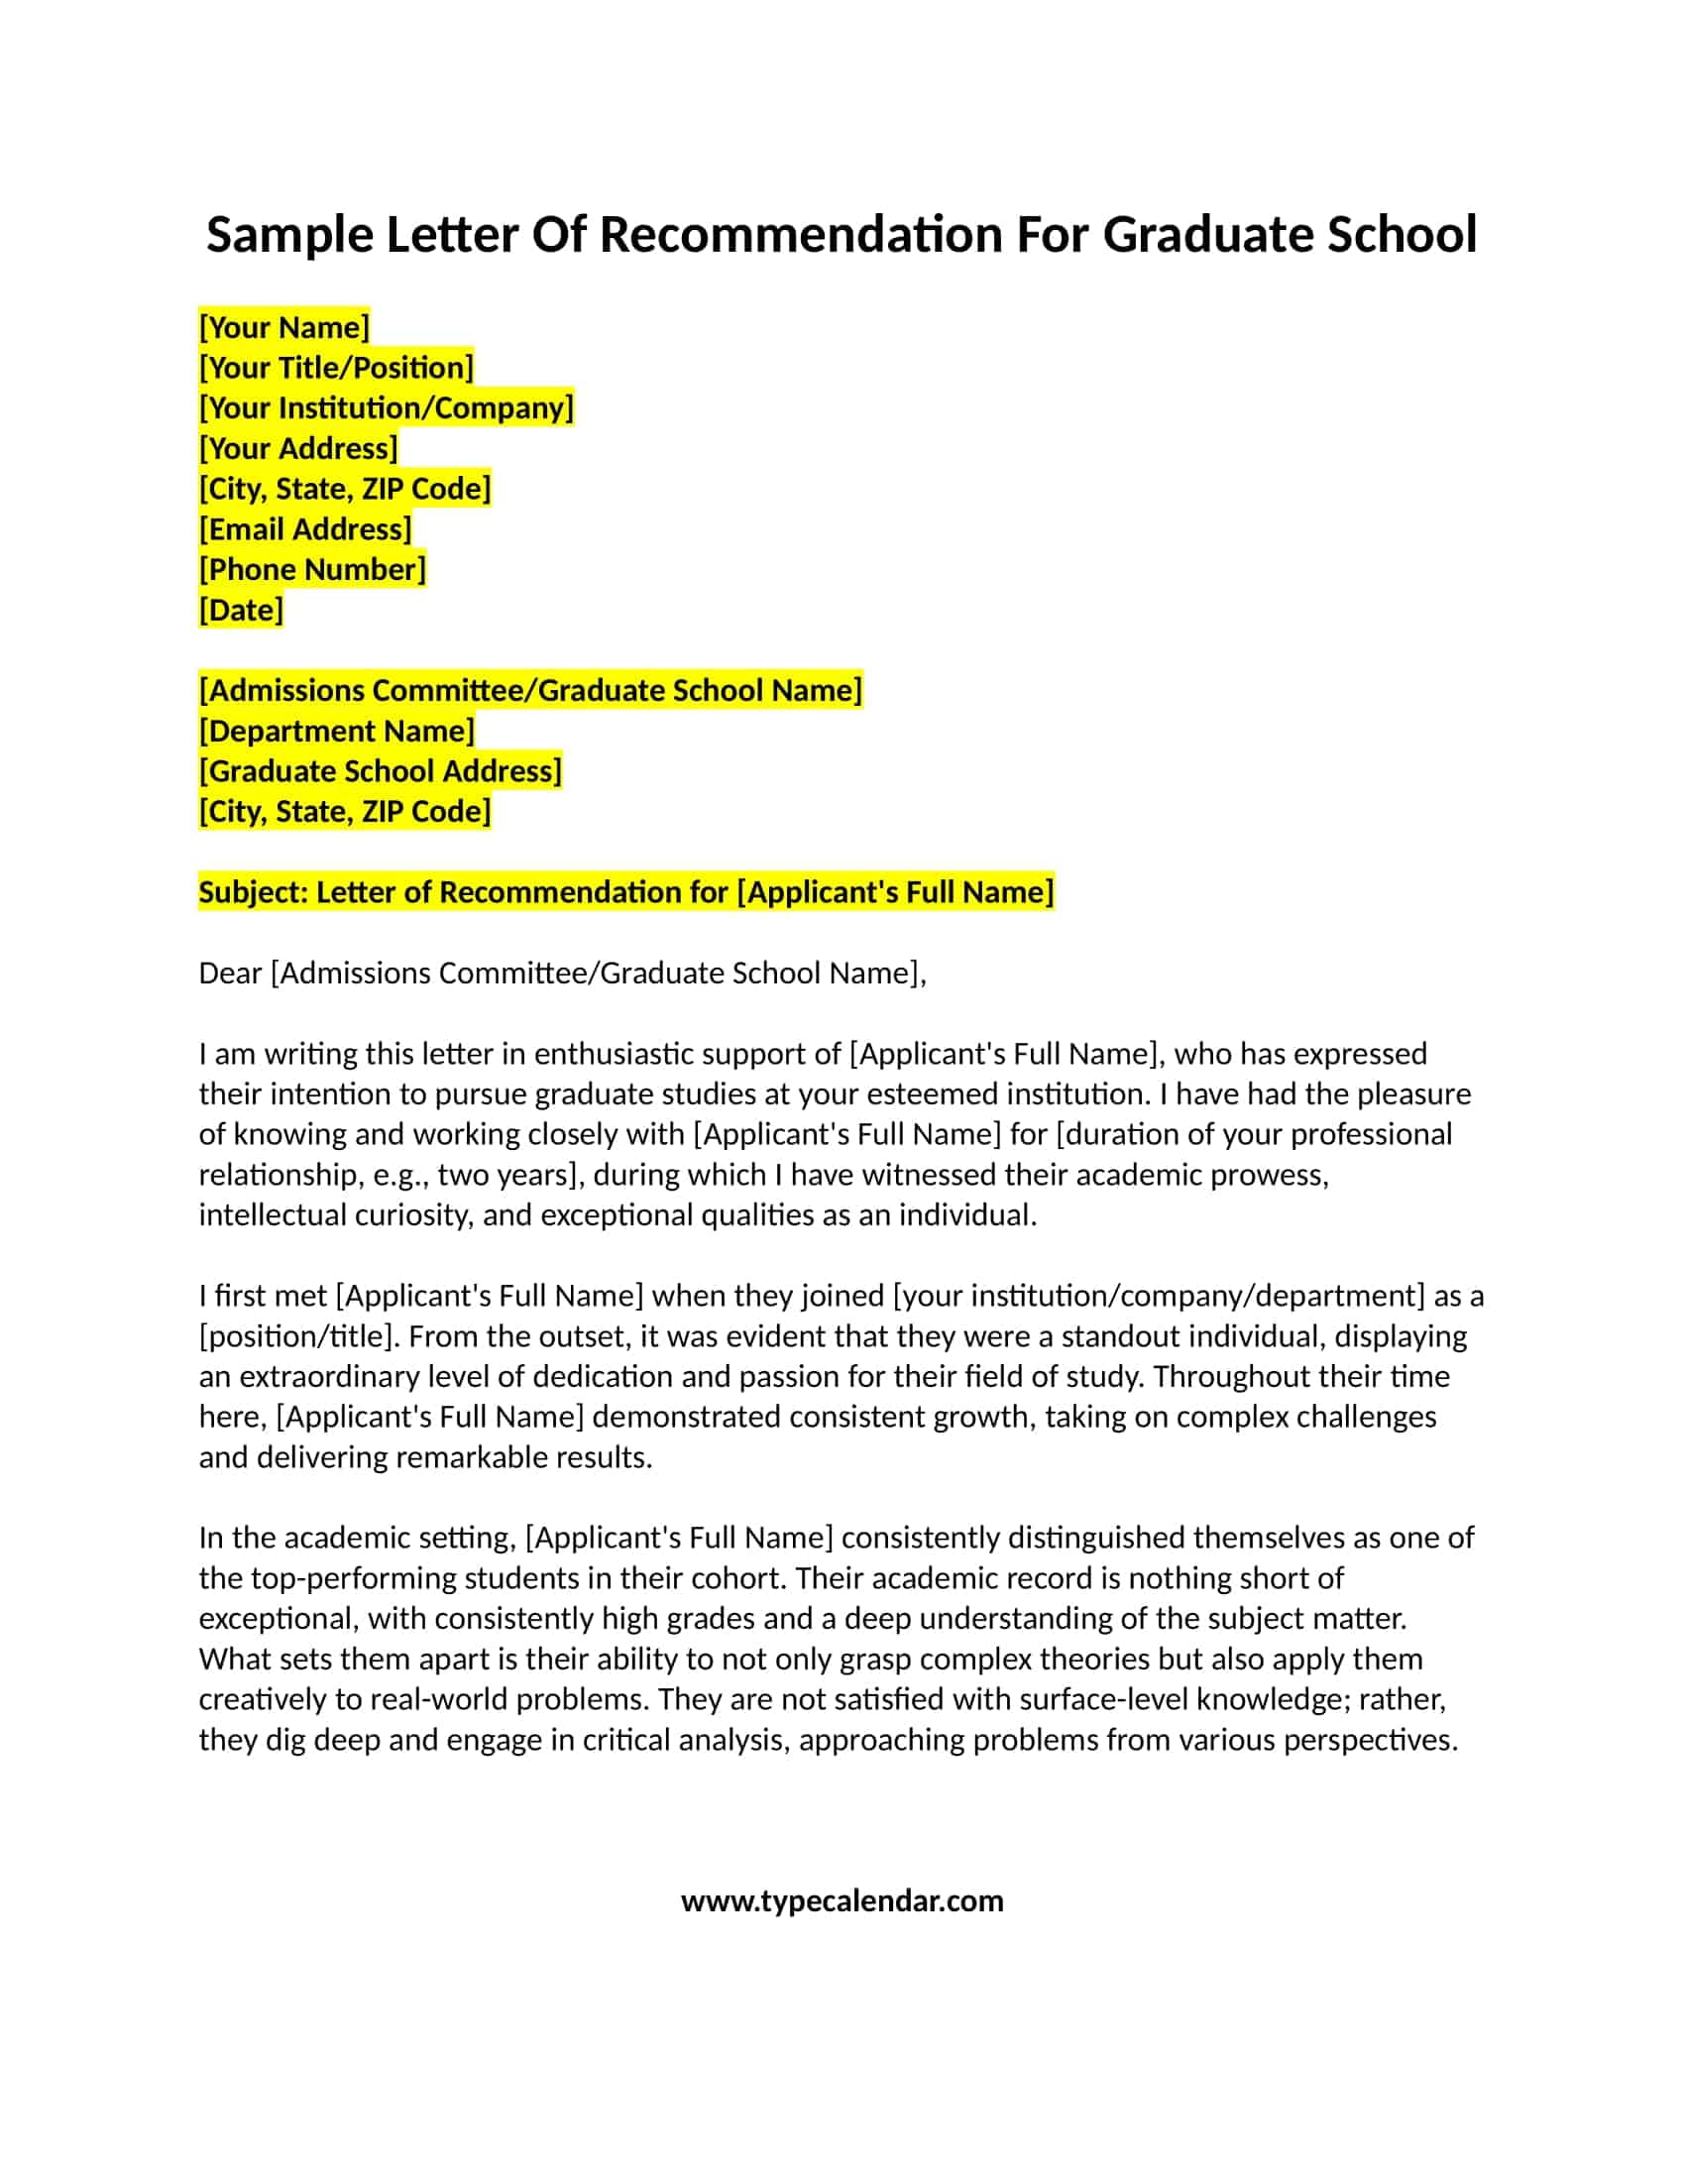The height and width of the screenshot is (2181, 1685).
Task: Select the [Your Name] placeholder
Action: [x=284, y=327]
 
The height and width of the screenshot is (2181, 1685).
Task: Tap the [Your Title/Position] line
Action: [x=336, y=368]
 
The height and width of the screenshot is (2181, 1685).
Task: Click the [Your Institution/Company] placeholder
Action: [x=387, y=407]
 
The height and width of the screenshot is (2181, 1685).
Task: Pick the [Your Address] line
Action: [x=298, y=448]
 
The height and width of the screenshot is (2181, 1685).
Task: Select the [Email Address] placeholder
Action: [x=305, y=529]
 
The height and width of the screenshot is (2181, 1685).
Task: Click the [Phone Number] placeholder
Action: [x=312, y=569]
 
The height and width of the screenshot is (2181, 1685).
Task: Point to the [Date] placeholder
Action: [x=242, y=610]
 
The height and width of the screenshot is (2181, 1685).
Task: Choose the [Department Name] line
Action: [x=336, y=731]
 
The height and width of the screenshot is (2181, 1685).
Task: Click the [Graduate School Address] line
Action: [x=381, y=771]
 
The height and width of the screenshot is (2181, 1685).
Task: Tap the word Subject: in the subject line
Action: [x=254, y=892]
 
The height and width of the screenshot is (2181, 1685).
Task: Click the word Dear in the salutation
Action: [x=230, y=973]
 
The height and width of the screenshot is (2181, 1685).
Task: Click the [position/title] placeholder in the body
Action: [x=294, y=1336]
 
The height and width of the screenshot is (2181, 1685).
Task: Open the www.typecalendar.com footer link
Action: [x=842, y=1900]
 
